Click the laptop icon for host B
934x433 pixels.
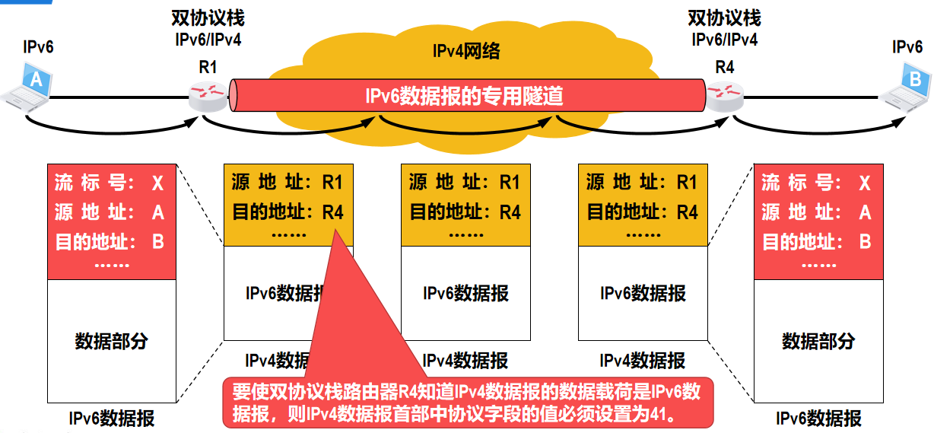tap(909, 85)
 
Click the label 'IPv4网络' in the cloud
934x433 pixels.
tap(466, 52)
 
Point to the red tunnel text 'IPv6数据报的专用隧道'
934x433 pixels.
tap(465, 97)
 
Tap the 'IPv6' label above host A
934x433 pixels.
tap(39, 47)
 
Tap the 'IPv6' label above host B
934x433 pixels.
tap(907, 47)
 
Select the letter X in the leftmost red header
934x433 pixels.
tap(157, 183)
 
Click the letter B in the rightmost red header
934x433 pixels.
tap(865, 242)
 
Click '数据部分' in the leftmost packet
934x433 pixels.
tap(111, 341)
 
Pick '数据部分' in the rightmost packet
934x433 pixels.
tap(818, 341)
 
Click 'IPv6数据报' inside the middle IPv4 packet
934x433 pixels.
tap(465, 293)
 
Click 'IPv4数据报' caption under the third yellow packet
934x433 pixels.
tap(643, 360)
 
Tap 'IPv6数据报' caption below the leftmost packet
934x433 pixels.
tap(111, 418)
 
